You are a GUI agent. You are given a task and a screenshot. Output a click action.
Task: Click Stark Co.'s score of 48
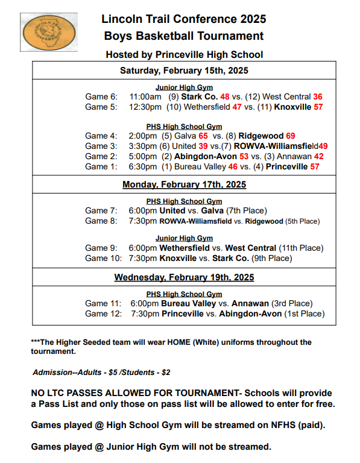pos(225,96)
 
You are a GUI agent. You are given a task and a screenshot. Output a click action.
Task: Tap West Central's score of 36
pos(318,96)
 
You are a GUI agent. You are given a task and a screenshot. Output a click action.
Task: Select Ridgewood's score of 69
pos(290,136)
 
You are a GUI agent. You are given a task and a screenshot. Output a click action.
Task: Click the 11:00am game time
pos(145,96)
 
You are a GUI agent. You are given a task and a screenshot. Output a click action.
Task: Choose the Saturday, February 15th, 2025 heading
pos(184,71)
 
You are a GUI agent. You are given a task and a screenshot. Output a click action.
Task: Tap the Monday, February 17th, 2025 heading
pos(184,184)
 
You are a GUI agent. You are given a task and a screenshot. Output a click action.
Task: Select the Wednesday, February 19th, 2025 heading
pos(184,277)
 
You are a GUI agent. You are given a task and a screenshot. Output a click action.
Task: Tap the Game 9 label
pos(101,248)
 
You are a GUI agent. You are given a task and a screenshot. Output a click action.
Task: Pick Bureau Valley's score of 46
pos(233,166)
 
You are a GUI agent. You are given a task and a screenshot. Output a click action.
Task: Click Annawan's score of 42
pos(319,156)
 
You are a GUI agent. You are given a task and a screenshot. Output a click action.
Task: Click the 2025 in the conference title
pos(251,19)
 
